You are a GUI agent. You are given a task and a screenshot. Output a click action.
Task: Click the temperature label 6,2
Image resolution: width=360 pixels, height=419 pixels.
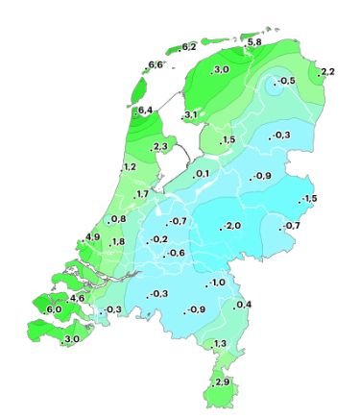(188, 47)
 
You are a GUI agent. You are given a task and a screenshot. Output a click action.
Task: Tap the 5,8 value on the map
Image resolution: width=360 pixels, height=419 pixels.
(254, 43)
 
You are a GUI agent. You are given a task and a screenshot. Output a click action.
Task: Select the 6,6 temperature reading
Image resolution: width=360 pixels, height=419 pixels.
(156, 65)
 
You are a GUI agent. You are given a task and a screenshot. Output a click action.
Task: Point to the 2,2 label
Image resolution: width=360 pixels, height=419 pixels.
(327, 72)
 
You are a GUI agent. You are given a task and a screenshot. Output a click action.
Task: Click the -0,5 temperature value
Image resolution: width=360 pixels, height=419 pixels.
(285, 81)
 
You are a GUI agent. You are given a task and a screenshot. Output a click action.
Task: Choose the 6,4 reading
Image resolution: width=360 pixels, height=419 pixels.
(146, 111)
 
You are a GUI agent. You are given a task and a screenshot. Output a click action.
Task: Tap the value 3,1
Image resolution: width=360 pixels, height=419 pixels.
(190, 115)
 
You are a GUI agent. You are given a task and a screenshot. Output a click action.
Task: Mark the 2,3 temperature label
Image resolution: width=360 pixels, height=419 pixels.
(160, 146)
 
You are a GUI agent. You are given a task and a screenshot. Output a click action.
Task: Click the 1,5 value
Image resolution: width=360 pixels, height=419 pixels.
(228, 140)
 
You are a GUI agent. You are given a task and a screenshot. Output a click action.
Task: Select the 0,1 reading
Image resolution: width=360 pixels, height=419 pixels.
(202, 174)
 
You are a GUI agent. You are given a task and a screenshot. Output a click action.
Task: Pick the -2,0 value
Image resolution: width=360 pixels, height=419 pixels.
(231, 226)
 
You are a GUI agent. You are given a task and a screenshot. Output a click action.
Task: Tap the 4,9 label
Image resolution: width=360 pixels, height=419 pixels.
(92, 237)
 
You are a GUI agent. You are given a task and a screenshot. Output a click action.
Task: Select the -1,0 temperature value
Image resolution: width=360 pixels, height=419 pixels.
(216, 283)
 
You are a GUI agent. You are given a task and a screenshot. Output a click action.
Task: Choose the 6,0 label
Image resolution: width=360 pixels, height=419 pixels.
(54, 309)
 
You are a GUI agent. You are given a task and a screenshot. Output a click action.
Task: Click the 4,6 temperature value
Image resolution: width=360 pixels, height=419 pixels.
(78, 299)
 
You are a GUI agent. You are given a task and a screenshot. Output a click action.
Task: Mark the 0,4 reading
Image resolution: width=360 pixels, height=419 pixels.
(244, 306)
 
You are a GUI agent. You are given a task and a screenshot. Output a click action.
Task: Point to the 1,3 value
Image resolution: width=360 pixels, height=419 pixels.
(220, 344)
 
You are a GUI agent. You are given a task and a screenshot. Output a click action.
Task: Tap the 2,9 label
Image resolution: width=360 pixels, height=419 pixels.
(222, 382)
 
